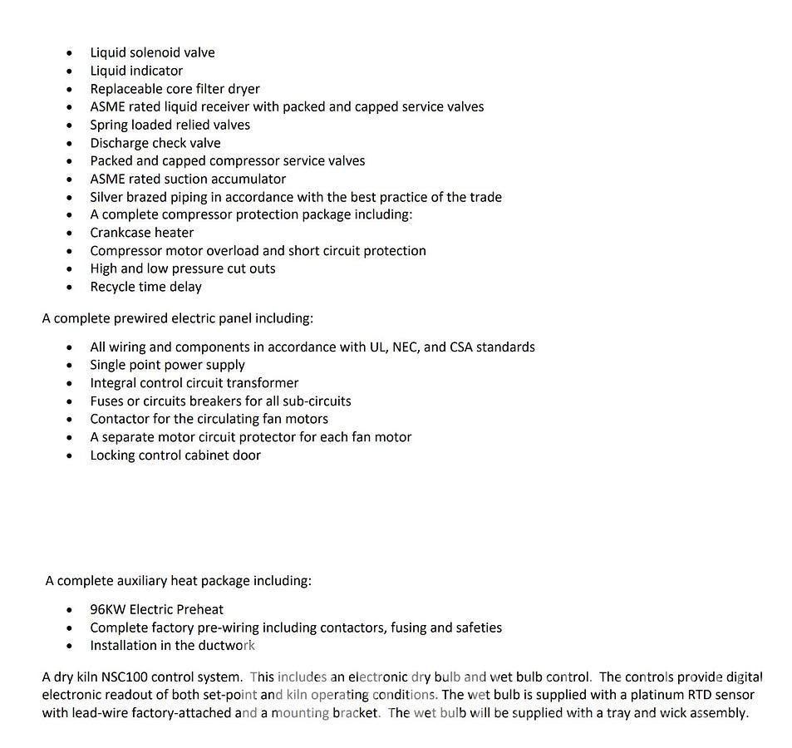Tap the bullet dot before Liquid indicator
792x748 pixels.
click(70, 71)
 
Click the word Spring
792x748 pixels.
click(109, 125)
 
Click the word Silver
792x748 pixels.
click(107, 197)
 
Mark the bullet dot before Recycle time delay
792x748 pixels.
click(70, 288)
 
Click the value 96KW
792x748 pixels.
click(108, 609)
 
